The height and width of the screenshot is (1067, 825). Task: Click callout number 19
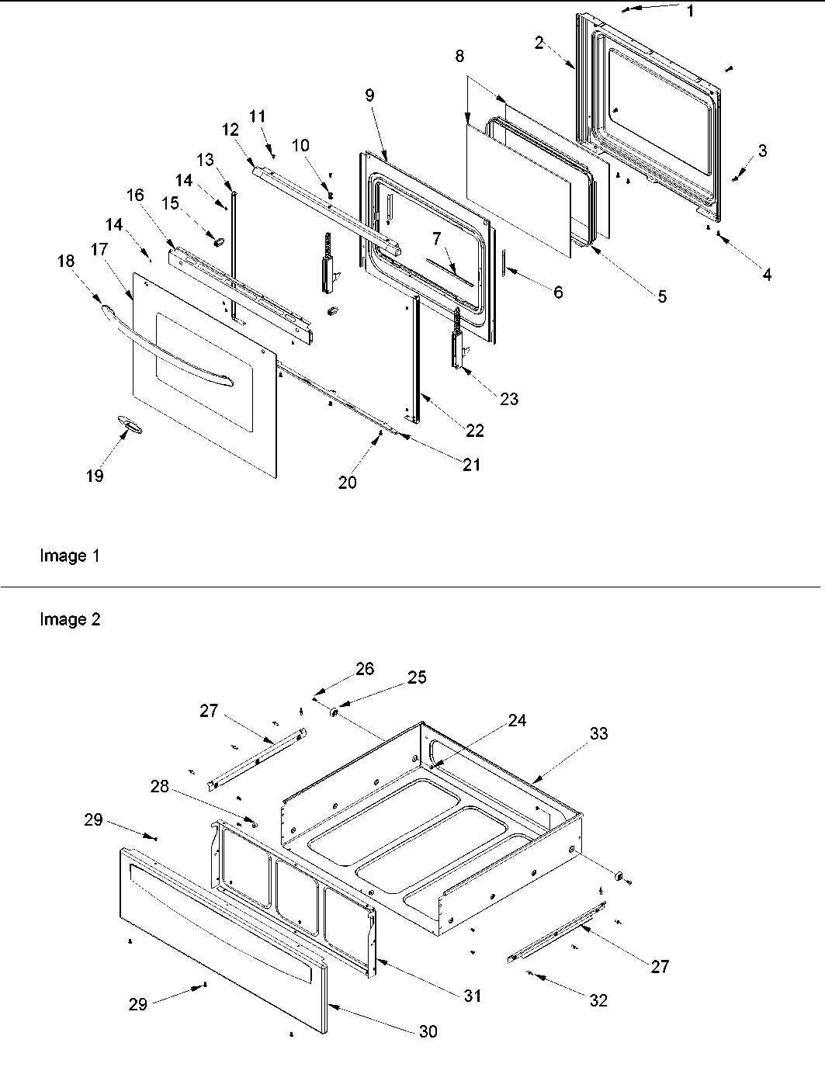coord(95,476)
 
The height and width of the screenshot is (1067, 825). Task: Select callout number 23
coord(509,399)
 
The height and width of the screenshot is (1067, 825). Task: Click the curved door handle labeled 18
coord(167,346)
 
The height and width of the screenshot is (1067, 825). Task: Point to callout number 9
coord(369,95)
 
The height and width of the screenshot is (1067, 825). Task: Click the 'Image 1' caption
coord(69,556)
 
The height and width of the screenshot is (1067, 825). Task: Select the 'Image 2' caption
coord(70,620)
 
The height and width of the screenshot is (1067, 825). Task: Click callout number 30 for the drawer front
coord(428,1031)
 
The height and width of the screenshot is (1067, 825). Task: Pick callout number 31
coord(473,996)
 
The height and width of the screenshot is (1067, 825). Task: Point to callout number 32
coord(598,1000)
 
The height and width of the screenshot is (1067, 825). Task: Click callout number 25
coord(417,677)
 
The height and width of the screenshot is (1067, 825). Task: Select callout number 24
coord(517,721)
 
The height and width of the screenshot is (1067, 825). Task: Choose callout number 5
coord(661,296)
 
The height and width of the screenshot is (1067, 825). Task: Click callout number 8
coord(460,56)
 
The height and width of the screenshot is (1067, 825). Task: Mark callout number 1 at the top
coord(691,11)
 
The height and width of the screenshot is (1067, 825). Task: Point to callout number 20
coord(347,482)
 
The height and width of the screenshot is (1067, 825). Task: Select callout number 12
coord(231,130)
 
